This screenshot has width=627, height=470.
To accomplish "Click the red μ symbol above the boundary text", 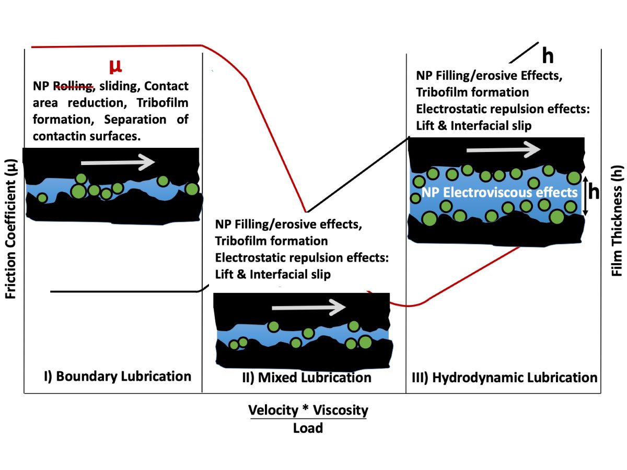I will tap(115, 66).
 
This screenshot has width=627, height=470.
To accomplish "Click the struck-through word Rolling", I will tap(74, 86).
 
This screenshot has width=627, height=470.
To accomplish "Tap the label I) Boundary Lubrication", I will tap(118, 376).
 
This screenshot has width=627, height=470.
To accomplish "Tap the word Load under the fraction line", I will tap(308, 428).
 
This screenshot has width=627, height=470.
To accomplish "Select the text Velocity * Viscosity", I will tap(308, 410).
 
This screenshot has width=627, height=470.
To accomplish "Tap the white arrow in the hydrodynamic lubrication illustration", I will tap(504, 150).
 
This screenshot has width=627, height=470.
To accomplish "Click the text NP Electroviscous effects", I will tap(500, 192).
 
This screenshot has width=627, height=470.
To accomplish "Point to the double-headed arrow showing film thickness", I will tap(586, 196).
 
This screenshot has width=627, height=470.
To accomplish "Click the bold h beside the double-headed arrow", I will tap(594, 192).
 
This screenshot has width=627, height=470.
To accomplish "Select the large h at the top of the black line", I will tap(548, 55).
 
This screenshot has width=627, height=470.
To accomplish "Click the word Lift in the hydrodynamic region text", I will tap(427, 126).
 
